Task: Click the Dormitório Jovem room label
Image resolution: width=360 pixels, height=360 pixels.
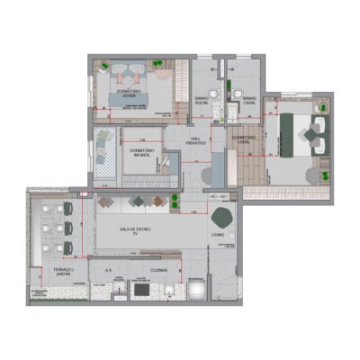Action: coord(130,94)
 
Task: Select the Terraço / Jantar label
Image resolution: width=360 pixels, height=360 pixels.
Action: coord(63,272)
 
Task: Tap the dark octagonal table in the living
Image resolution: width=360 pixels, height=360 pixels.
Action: coord(222,216)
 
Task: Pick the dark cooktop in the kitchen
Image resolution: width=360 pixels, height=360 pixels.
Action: coord(141,291)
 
